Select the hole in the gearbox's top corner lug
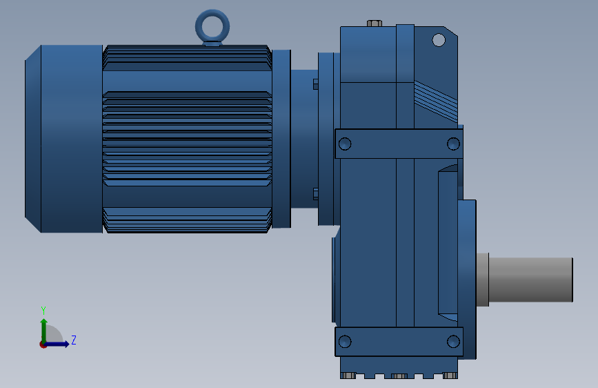click(x=439, y=40)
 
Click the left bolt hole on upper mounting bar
click(x=345, y=144)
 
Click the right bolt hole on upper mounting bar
click(x=453, y=144)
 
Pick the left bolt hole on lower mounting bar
click(x=345, y=341)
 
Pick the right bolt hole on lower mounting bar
click(x=453, y=341)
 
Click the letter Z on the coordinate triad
click(x=73, y=340)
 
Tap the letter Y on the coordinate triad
click(x=43, y=310)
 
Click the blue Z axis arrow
click(x=60, y=344)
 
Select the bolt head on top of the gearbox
click(x=375, y=23)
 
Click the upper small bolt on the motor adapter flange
click(x=316, y=84)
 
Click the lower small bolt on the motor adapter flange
click(x=316, y=193)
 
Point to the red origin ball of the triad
click(x=43, y=345)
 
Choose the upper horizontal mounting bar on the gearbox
click(x=399, y=144)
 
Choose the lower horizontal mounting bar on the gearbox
click(x=399, y=341)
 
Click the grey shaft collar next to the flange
click(x=482, y=280)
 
